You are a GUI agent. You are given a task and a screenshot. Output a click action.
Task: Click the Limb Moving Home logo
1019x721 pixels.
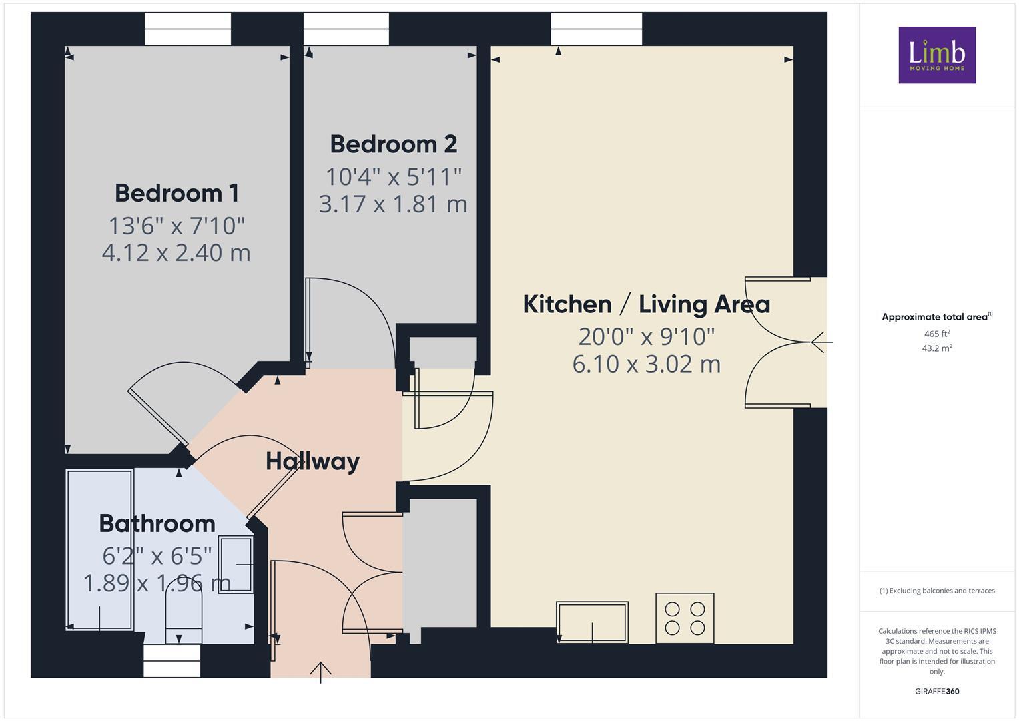click(936, 55)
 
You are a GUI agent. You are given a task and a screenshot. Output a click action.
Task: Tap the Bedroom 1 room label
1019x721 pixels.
click(177, 193)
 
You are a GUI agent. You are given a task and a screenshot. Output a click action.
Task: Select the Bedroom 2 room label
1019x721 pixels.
click(393, 144)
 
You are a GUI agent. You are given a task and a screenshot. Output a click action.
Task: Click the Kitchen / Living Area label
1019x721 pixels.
click(646, 304)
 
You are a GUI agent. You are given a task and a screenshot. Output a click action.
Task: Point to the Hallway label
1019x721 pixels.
click(312, 461)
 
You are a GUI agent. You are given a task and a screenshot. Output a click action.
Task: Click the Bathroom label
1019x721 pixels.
click(157, 523)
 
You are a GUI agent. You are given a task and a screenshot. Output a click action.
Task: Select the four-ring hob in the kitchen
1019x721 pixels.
click(685, 618)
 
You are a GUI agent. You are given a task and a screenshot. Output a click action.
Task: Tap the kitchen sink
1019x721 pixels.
click(592, 622)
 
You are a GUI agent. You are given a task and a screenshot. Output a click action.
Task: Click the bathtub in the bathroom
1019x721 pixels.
click(100, 549)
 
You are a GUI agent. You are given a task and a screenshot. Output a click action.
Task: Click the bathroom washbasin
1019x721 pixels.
click(236, 565)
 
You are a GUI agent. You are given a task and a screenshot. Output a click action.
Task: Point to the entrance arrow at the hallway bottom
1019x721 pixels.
click(321, 670)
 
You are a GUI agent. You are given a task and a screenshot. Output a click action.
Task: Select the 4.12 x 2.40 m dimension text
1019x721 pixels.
click(176, 253)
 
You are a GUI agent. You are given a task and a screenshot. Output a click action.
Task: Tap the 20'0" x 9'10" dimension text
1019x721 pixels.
click(646, 337)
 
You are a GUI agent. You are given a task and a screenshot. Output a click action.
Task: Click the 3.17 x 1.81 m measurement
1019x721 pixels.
click(393, 204)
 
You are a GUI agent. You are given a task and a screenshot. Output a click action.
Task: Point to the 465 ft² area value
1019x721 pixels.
click(936, 334)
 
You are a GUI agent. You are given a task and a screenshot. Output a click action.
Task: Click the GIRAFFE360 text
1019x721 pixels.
click(936, 691)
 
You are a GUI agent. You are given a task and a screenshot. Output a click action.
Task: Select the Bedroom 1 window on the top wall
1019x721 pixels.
click(188, 29)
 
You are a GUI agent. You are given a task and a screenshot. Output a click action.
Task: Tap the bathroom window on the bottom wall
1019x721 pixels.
click(172, 660)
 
